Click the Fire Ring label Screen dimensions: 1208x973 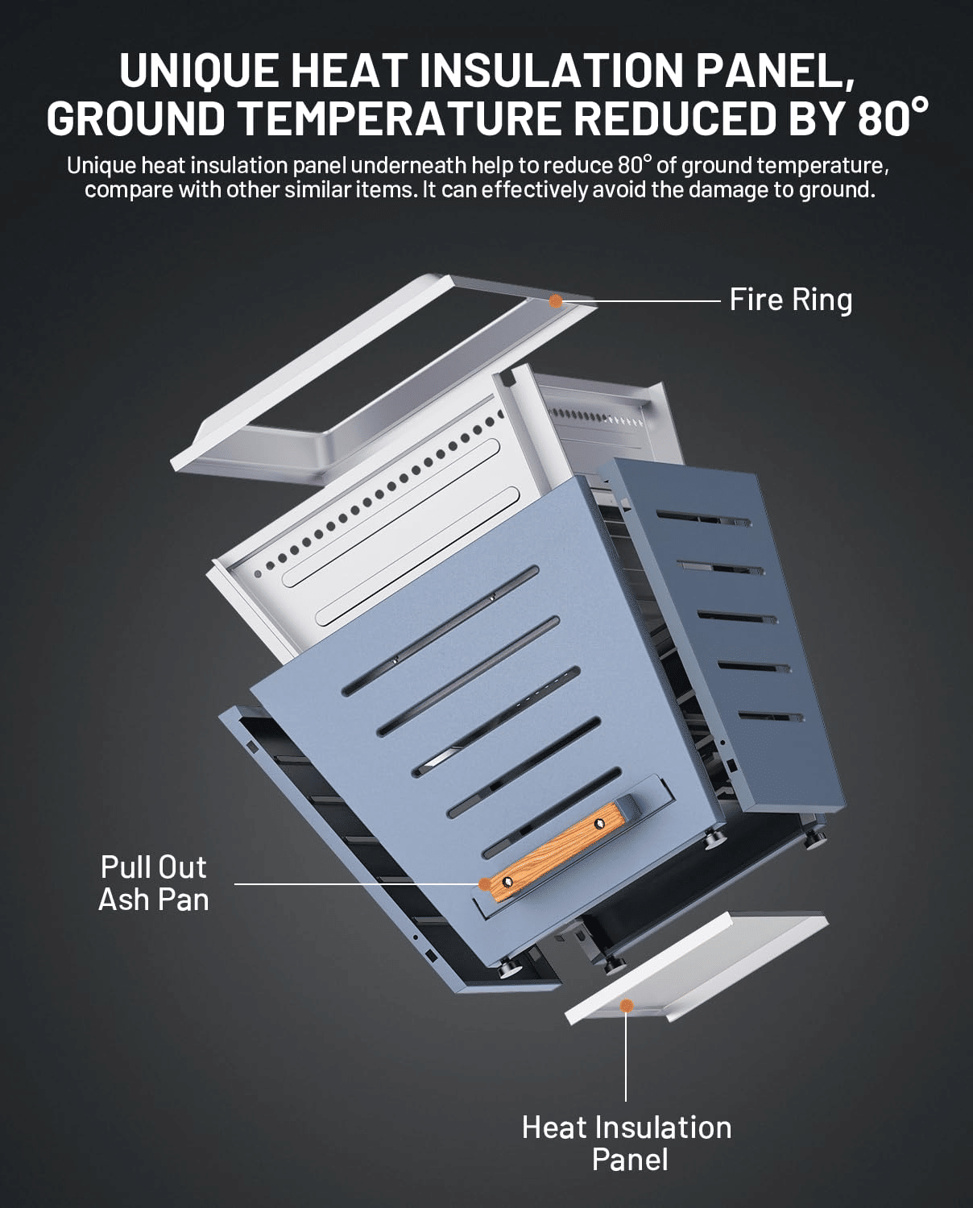pyautogui.click(x=790, y=300)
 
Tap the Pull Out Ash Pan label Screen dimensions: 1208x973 pyautogui.click(x=153, y=883)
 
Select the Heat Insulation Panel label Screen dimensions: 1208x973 pyautogui.click(x=627, y=1143)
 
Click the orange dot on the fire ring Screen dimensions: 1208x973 pyautogui.click(x=555, y=301)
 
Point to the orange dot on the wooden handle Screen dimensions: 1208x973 pyautogui.click(x=484, y=883)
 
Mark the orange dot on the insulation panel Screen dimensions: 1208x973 pyautogui.click(x=626, y=1005)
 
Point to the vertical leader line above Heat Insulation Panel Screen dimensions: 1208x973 pyautogui.click(x=626, y=1055)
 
